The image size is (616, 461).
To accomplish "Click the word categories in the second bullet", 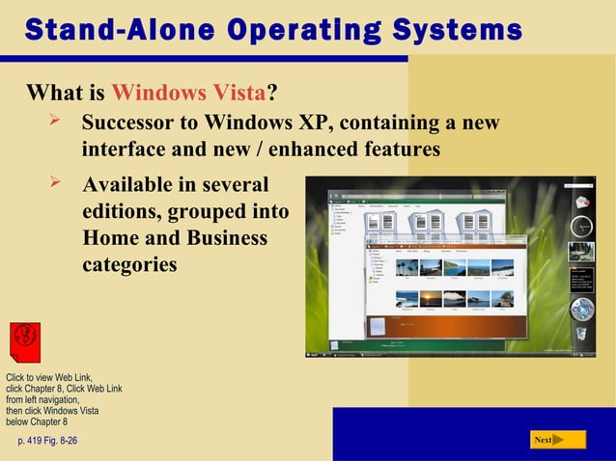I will tap(129, 263).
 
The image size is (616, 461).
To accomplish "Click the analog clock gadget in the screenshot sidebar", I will tap(582, 227).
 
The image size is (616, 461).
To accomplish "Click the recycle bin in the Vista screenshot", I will tap(582, 333).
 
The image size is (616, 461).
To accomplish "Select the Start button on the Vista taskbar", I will tap(315, 354).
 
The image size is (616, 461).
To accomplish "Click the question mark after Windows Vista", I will tap(272, 94).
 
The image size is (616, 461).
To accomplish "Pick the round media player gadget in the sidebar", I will tap(582, 310).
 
